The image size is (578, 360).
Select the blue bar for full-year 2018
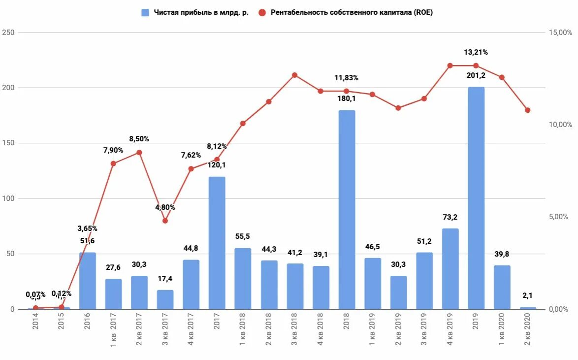(x=347, y=210)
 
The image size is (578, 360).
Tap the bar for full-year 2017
(x=217, y=243)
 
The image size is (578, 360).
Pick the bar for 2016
(x=88, y=281)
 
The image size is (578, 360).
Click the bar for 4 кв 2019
(x=450, y=269)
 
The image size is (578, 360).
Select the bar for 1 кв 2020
(x=502, y=287)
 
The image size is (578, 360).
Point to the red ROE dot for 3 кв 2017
(x=165, y=221)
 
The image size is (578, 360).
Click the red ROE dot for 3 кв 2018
(x=294, y=75)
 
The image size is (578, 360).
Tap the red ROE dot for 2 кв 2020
(x=527, y=110)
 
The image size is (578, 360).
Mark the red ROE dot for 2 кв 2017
(x=139, y=153)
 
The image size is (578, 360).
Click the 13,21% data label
(x=476, y=52)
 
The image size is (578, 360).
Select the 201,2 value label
(x=476, y=75)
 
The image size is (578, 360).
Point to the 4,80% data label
(x=165, y=207)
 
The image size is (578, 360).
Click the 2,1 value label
(x=528, y=295)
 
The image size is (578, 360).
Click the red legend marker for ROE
(x=261, y=13)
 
